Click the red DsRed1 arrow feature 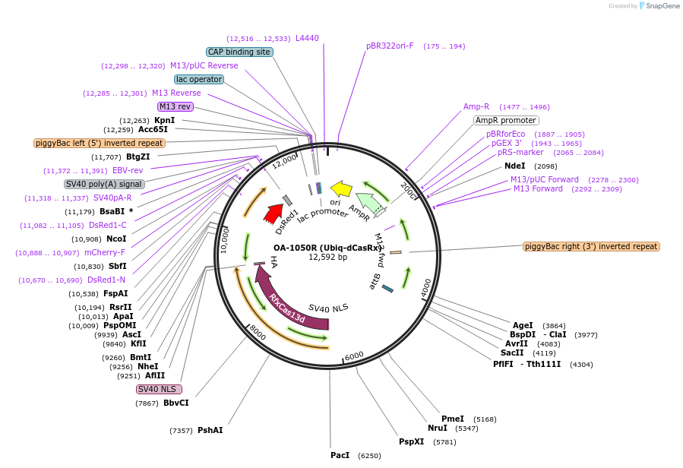point(273,213)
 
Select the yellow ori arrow point(342,189)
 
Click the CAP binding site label point(239,52)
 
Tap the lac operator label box point(198,79)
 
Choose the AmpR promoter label point(506,120)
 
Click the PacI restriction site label point(340,455)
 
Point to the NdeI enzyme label point(514,166)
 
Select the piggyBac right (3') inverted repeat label point(591,246)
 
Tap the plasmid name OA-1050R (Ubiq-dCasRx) point(327,248)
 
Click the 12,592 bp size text point(327,258)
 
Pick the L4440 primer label point(307,38)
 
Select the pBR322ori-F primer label point(390,46)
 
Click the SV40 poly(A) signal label point(104,184)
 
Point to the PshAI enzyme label point(210,430)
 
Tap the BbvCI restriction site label point(175,403)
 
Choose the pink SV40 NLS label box point(159,389)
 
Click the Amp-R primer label point(476,106)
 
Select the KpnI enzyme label point(164,120)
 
